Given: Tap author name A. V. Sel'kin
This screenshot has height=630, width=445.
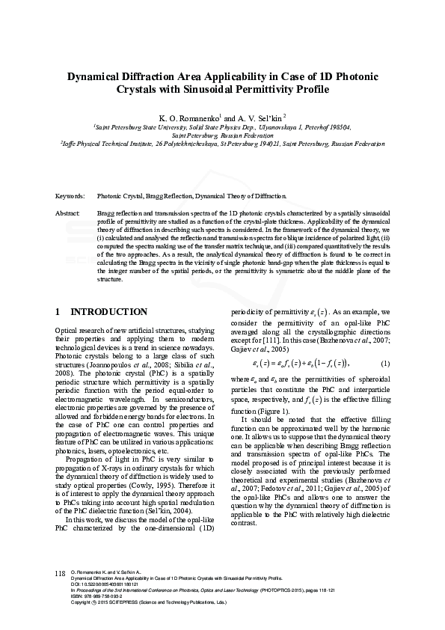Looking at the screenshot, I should click(261, 118).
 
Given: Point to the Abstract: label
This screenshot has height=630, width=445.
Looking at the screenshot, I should click(68, 213).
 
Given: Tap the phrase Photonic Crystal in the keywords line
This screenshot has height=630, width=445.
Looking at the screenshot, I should click(118, 195).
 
